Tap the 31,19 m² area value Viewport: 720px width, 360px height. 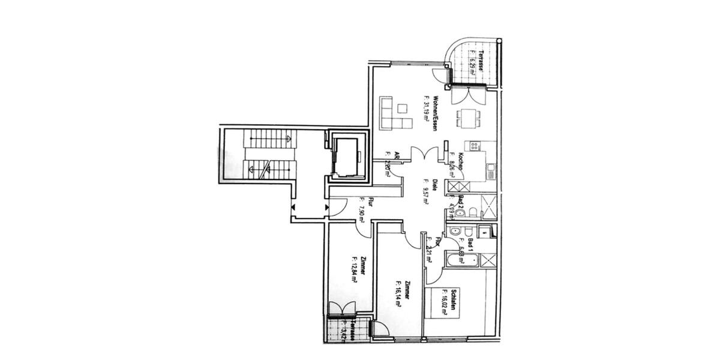[x=427, y=108]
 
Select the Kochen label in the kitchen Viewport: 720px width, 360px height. [x=459, y=161]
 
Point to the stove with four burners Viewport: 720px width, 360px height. [x=475, y=145]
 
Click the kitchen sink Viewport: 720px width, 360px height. [x=490, y=171]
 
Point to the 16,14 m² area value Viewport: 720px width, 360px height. [x=400, y=294]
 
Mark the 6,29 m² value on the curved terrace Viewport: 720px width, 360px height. [x=472, y=63]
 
